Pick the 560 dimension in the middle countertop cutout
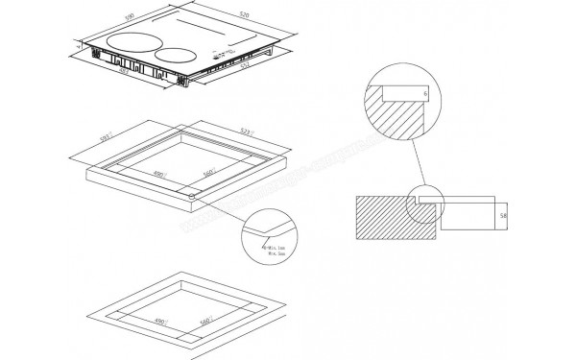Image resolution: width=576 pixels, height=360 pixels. click(206, 175)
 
